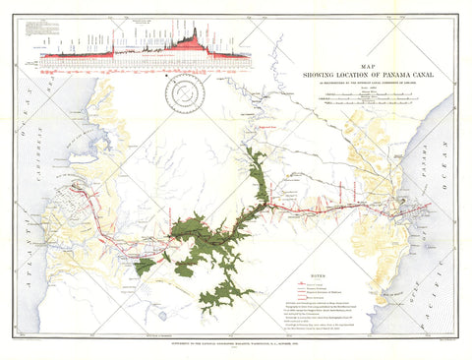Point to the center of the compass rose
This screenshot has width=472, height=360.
click(x=184, y=95)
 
